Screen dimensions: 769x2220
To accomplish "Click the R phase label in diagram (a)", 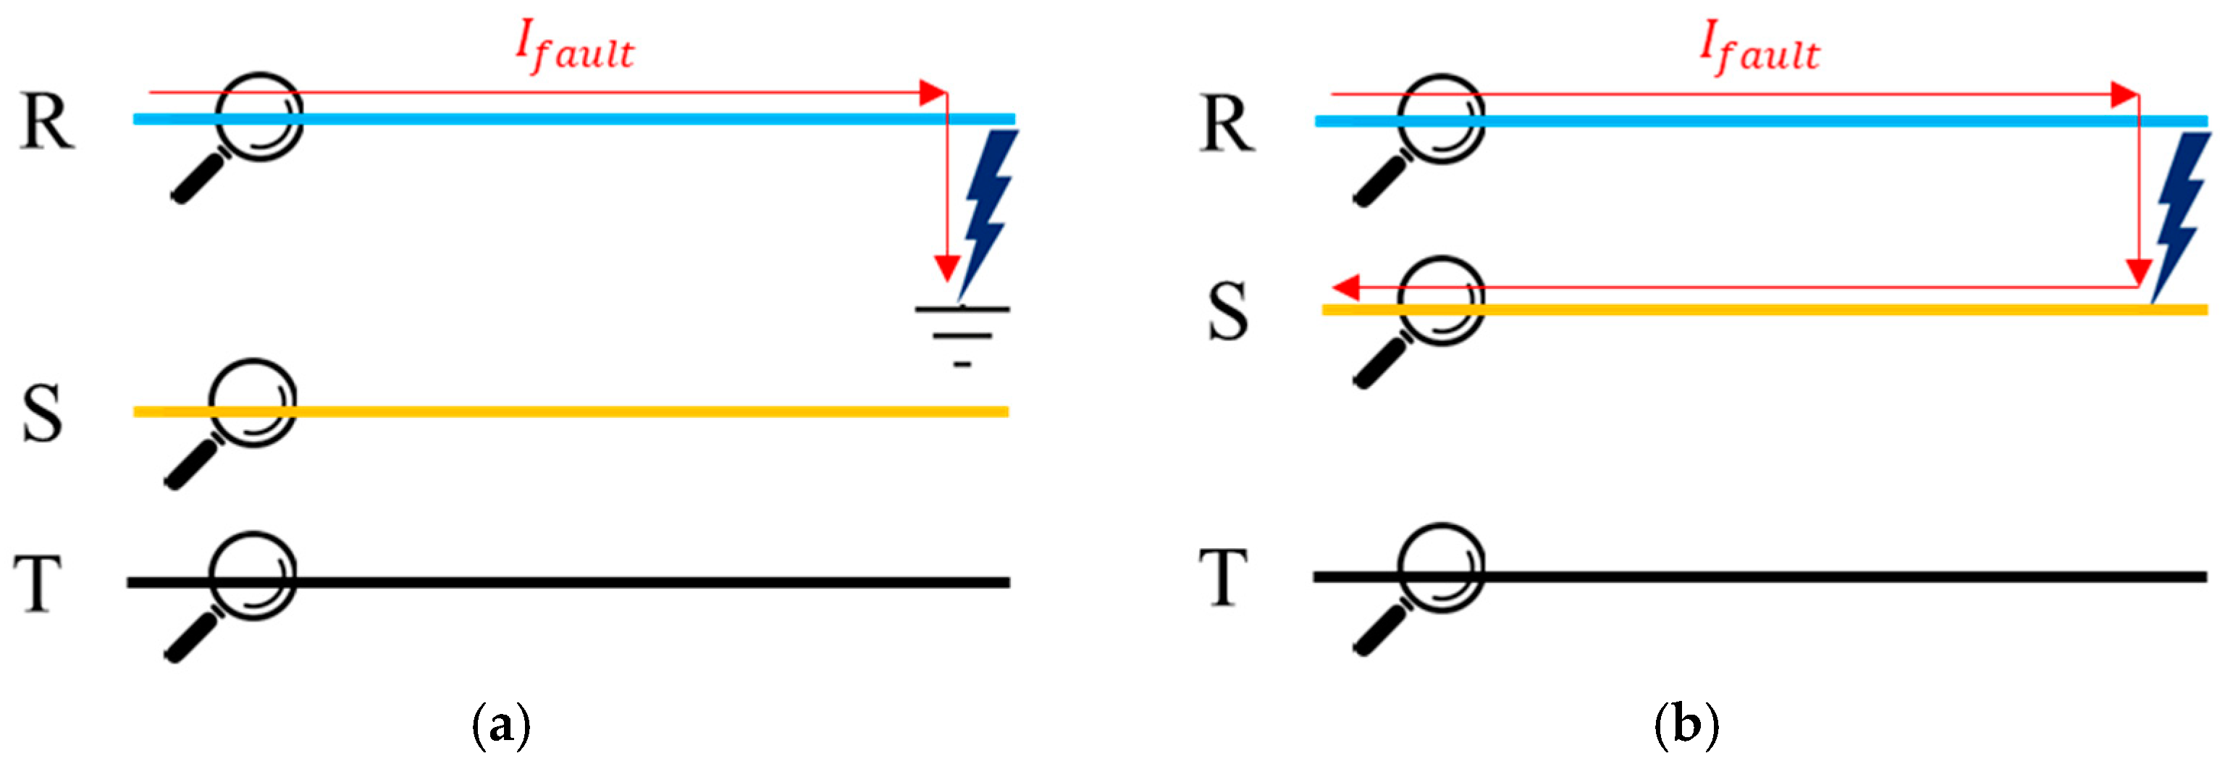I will (47, 122).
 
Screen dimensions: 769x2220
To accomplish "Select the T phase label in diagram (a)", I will (38, 583).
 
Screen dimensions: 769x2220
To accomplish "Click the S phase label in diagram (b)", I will (1227, 311).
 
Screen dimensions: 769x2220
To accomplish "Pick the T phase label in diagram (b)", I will (1224, 578).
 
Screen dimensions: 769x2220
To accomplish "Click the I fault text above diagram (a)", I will (575, 47).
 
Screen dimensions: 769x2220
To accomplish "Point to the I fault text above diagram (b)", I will (1759, 49).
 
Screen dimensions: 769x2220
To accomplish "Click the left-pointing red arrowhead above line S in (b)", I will (1345, 287).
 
